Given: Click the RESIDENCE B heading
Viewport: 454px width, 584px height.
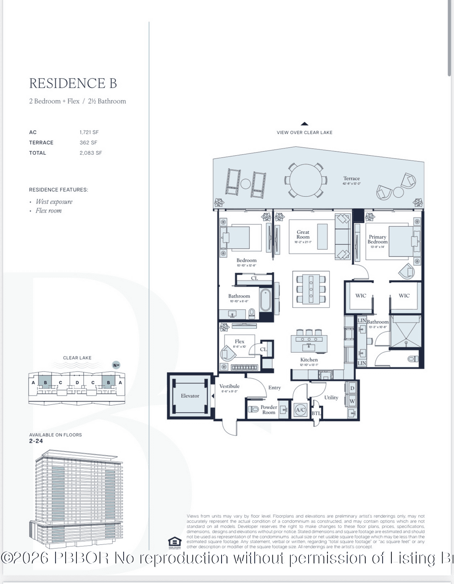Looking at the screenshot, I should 73,83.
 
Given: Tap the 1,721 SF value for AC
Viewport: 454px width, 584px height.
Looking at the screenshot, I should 89,132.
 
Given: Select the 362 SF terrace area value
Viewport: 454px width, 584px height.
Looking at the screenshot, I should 88,143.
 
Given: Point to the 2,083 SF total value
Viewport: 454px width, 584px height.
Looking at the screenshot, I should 91,153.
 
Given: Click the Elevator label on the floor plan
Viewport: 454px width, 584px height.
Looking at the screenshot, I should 190,396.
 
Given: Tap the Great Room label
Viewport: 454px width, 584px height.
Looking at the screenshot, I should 303,235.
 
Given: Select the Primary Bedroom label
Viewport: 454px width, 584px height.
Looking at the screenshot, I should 377,239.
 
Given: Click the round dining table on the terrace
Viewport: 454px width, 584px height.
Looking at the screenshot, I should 306,180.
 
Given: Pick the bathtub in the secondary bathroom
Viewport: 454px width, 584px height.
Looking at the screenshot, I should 265,299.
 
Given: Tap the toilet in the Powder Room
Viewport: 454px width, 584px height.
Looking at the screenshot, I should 253,409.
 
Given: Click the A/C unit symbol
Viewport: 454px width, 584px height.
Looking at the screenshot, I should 300,410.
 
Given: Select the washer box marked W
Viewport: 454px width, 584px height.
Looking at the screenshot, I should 352,401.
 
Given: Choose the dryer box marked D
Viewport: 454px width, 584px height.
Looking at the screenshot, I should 352,388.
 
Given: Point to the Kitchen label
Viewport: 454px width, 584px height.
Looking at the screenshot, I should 309,360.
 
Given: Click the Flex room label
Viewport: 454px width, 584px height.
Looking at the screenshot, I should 240,341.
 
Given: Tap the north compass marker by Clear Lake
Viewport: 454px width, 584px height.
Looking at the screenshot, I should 116,365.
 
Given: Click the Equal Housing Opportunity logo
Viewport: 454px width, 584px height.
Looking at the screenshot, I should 174,542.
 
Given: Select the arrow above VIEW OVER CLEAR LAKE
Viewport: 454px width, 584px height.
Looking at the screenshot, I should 305,124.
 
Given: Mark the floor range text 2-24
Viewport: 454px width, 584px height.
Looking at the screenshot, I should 36,441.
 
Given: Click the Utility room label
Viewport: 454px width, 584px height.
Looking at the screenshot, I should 331,397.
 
